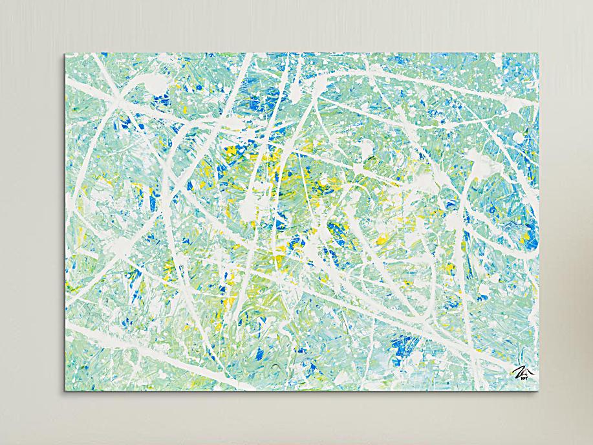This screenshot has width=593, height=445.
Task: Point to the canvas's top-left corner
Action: [66, 54]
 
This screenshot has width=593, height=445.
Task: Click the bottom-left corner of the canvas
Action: [66, 391]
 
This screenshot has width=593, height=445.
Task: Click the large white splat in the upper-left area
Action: [155, 84]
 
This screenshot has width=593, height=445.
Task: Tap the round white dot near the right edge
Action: [516, 103]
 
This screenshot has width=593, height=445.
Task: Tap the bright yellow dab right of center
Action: [382, 240]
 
